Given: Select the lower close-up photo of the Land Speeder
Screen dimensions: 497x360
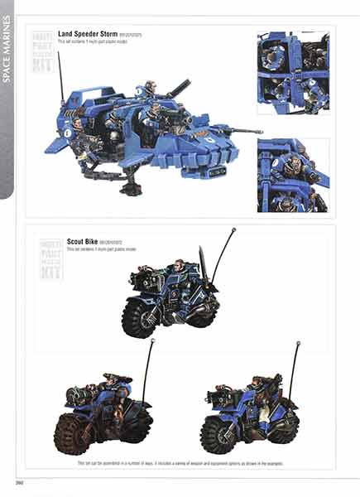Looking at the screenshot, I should click(293, 175).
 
